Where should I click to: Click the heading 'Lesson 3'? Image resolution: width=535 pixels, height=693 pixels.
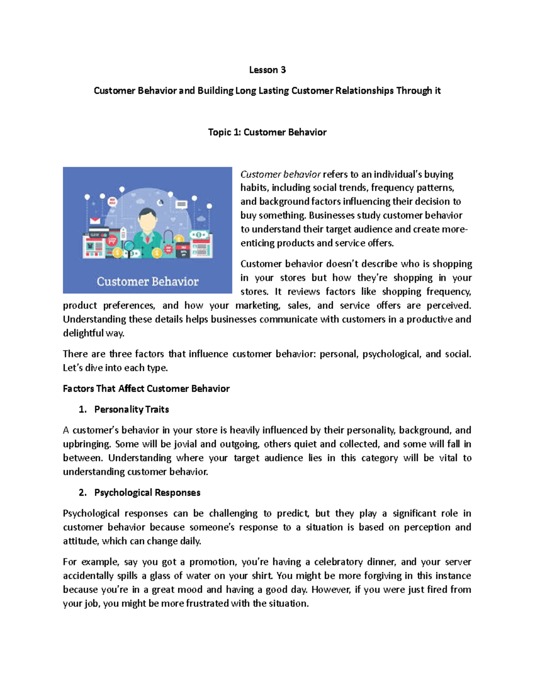267,70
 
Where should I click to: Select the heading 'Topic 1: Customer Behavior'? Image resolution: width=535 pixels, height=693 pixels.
267,133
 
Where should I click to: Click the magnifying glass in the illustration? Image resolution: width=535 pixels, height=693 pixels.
129,246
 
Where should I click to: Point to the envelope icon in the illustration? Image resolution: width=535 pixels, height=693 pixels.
95,221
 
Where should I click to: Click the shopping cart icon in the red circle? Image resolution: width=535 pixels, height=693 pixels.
112,240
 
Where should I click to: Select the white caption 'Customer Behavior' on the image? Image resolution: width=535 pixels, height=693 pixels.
148,282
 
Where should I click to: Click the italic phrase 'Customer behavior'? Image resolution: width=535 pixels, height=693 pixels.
280,174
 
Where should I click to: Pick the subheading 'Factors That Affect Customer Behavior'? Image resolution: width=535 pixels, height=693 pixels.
146,389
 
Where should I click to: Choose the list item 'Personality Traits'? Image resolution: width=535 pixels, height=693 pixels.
132,410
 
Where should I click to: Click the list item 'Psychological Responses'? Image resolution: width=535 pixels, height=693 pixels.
147,493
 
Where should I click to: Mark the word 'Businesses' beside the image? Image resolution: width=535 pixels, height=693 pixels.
332,216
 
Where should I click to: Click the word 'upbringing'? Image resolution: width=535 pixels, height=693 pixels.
86,444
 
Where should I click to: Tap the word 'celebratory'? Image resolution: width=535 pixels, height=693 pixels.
338,562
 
